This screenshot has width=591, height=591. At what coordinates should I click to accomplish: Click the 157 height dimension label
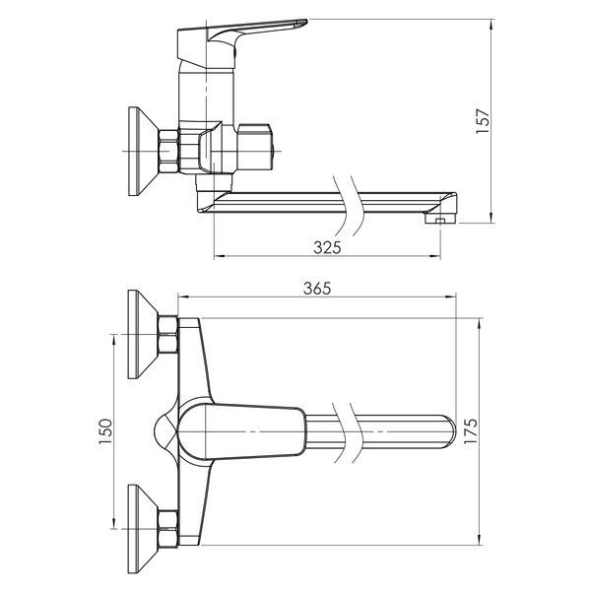483,120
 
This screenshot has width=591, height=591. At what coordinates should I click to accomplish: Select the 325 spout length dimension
327,247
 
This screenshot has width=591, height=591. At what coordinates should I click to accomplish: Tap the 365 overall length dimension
317,289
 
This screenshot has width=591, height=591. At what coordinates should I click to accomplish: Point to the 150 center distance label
106,431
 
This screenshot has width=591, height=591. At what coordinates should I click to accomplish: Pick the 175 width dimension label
471,430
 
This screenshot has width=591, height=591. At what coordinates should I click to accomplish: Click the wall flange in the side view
143,151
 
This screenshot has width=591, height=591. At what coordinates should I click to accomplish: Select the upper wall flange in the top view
143,334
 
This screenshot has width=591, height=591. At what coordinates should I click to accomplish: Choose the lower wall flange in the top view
143,529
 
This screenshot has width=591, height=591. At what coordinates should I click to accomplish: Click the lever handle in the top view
241,431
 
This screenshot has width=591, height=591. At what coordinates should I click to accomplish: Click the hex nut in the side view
168,151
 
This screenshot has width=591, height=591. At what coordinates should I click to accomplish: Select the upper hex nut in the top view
168,335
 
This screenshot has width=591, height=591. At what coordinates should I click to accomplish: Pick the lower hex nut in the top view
168,529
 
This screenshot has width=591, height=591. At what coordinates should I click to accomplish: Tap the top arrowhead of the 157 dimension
492,24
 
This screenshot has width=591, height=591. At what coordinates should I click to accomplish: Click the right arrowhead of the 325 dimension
435,257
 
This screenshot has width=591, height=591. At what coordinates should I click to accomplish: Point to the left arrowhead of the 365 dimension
182,297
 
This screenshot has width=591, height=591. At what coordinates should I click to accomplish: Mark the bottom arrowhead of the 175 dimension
480,540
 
